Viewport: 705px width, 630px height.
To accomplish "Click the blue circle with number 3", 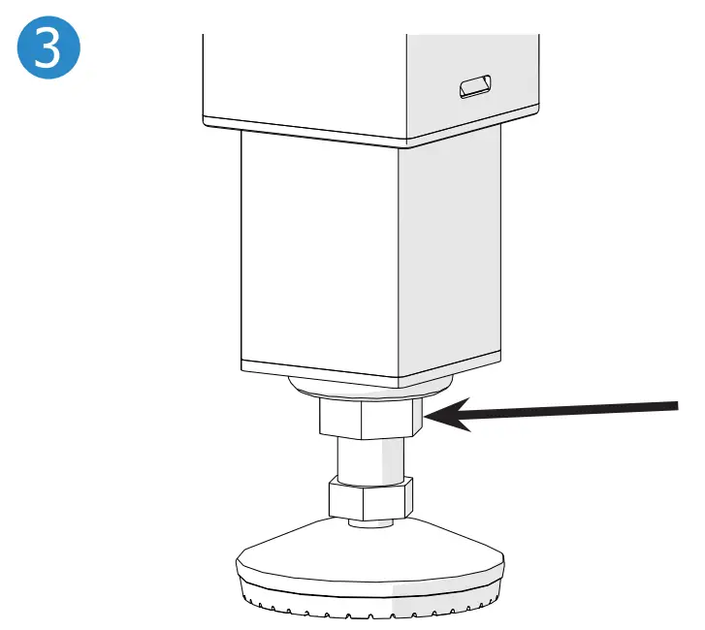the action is [x=48, y=47].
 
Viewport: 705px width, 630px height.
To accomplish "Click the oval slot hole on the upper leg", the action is [x=475, y=86].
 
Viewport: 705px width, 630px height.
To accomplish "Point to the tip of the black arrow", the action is [x=424, y=418].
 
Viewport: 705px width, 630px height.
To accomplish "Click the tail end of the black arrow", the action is [x=677, y=406].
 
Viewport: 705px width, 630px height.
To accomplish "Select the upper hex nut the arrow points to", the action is [x=371, y=419].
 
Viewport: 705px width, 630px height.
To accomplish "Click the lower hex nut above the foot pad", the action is [x=371, y=499].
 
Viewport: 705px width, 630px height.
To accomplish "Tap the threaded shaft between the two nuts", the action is [x=371, y=459].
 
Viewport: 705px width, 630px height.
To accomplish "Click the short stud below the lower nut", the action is [x=371, y=522].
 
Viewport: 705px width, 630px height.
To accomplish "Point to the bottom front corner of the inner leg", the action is [x=399, y=388].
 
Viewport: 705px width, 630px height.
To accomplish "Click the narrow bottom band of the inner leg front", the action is [x=320, y=374].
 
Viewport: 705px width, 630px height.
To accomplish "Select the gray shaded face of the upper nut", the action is [x=417, y=417].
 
